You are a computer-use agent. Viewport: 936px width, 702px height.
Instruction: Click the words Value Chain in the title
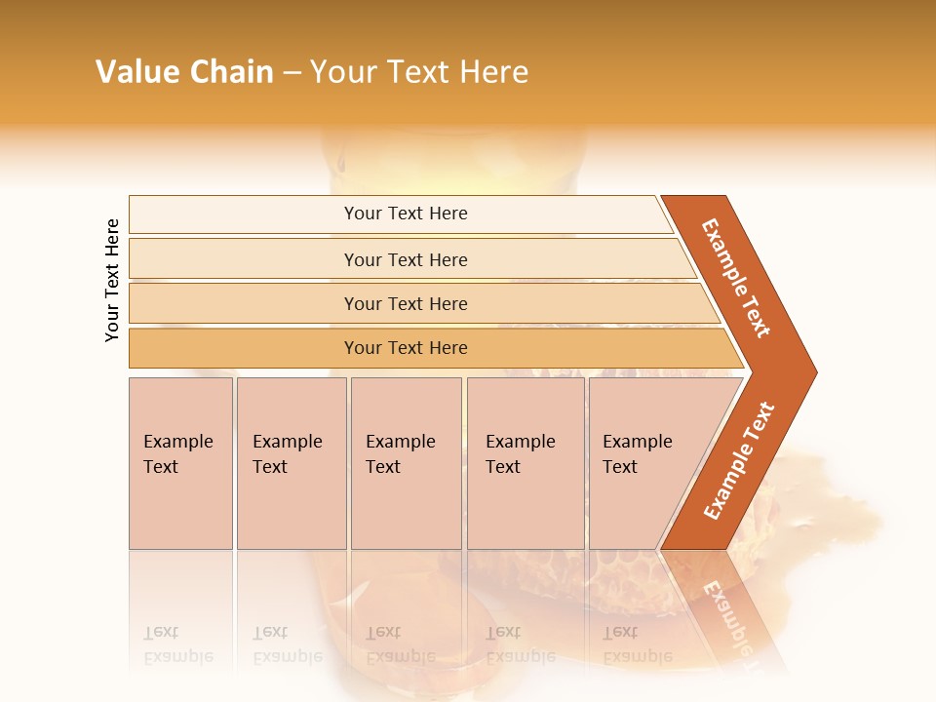point(184,72)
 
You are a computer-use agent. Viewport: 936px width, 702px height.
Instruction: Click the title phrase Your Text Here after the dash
point(418,72)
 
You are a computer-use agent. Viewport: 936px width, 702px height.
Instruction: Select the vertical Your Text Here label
point(112,280)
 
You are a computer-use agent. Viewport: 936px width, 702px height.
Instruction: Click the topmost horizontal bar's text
point(406,214)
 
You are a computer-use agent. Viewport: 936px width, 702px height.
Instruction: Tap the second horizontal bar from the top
point(406,259)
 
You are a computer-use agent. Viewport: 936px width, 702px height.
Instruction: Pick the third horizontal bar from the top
point(406,303)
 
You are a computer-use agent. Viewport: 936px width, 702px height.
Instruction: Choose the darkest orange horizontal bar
point(406,348)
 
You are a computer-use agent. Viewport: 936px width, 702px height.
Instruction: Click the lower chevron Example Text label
point(739,460)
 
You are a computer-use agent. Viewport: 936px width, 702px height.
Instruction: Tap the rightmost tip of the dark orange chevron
point(814,371)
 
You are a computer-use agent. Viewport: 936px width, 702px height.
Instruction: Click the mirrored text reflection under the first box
point(178,643)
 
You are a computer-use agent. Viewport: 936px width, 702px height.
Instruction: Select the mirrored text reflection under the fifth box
point(638,643)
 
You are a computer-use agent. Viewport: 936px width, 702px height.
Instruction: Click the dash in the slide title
point(291,73)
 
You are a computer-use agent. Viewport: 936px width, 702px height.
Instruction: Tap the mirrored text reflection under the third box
point(401,643)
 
